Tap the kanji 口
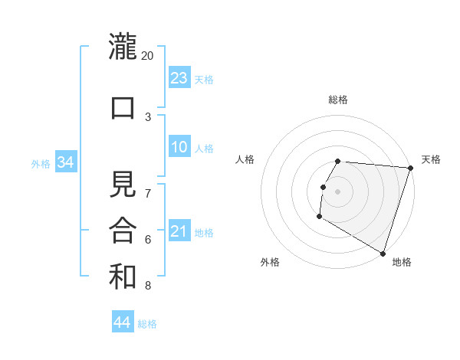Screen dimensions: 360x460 point(123,106)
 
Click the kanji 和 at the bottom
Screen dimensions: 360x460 point(123,276)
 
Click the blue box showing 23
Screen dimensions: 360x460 point(179,78)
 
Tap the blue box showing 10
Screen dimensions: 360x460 point(179,147)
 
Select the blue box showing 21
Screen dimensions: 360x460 point(179,231)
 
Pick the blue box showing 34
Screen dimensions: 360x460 point(65,162)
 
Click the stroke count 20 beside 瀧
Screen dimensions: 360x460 point(148,56)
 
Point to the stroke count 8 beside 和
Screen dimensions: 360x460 point(148,286)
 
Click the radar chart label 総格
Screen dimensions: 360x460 point(338,100)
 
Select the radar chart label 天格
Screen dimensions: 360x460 point(431,159)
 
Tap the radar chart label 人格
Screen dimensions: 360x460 point(245,159)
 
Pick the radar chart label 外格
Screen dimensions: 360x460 point(270,262)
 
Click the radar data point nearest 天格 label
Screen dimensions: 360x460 point(410,168)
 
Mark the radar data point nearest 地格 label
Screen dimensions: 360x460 point(383,253)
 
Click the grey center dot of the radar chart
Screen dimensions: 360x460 point(338,191)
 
